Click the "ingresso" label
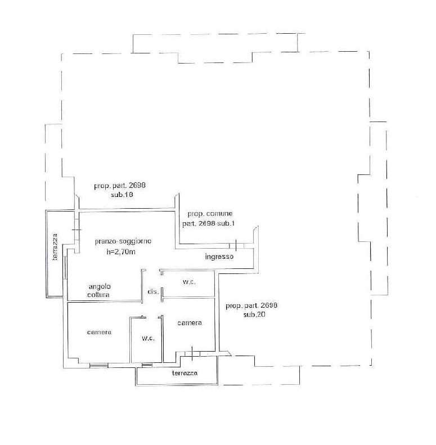tap(219, 257)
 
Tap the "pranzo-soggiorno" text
tap(123, 241)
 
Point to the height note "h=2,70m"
tap(121, 251)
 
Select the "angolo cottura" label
tap(99, 291)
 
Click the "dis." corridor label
tap(153, 291)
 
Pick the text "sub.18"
tap(122, 195)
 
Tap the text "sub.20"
tap(254, 314)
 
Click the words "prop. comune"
tap(210, 214)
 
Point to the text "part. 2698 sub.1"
tap(209, 224)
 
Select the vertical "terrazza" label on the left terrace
tap(55, 247)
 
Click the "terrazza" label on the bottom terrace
tap(185, 373)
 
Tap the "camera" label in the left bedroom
tap(99, 332)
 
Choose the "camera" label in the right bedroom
tap(190, 323)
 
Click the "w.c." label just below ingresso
tap(189, 282)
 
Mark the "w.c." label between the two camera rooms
tap(148, 338)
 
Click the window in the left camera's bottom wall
tap(99, 366)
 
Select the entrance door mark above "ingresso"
tap(236, 245)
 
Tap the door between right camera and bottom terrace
tap(192, 354)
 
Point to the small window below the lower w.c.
tap(147, 365)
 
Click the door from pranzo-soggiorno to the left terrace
tap(77, 230)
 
